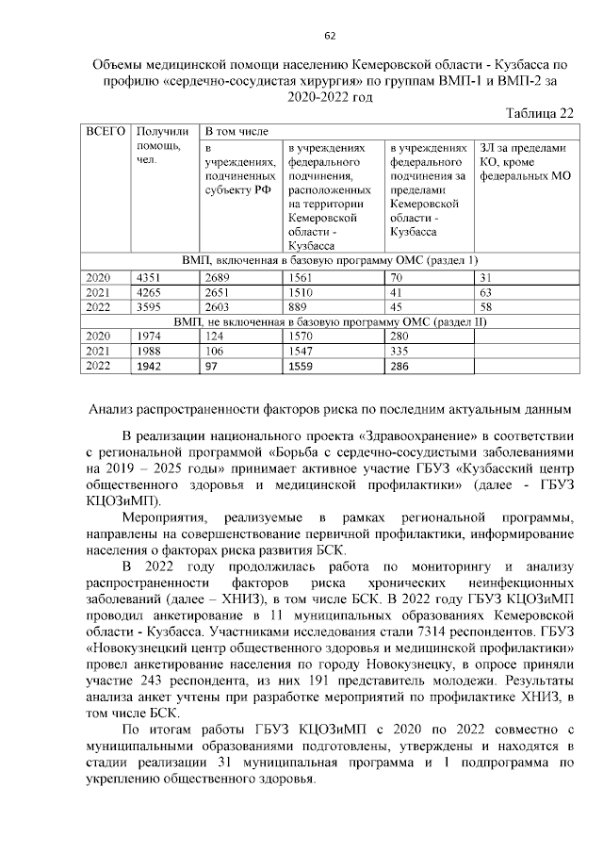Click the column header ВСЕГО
(x=104, y=132)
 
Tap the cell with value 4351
(x=150, y=277)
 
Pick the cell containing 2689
(x=219, y=277)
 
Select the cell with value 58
(x=485, y=306)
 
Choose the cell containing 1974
(x=150, y=336)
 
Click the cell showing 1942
(x=150, y=366)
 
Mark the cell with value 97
(x=213, y=366)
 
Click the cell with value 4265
(x=150, y=292)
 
